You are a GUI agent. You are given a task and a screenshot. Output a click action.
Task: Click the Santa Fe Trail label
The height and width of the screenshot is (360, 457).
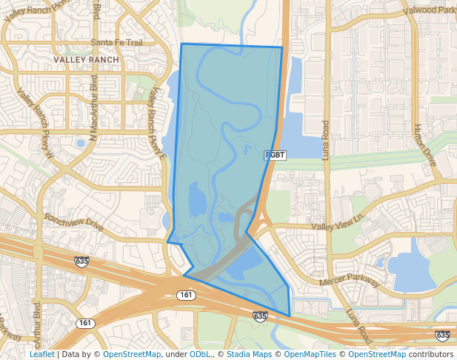click(116, 43)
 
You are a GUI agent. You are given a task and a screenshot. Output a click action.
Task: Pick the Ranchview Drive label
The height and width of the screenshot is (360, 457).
click(74, 221)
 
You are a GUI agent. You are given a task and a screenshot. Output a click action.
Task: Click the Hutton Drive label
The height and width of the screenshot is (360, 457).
click(425, 144)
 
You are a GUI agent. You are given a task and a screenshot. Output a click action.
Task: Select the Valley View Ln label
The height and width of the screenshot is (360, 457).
click(339, 221)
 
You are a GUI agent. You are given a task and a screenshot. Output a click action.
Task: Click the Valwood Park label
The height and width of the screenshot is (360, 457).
click(429, 10)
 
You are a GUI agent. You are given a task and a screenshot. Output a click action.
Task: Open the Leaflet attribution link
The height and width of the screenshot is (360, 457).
click(42, 354)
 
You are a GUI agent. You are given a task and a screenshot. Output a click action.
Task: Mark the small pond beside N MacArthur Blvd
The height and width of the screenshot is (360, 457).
click(80, 142)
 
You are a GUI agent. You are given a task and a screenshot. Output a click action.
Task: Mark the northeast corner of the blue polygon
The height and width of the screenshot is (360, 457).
click(282, 47)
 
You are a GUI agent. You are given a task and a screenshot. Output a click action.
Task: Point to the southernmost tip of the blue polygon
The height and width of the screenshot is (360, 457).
click(290, 316)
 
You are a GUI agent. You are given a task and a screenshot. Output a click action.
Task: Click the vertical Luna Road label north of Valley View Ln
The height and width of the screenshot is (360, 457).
click(325, 141)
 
